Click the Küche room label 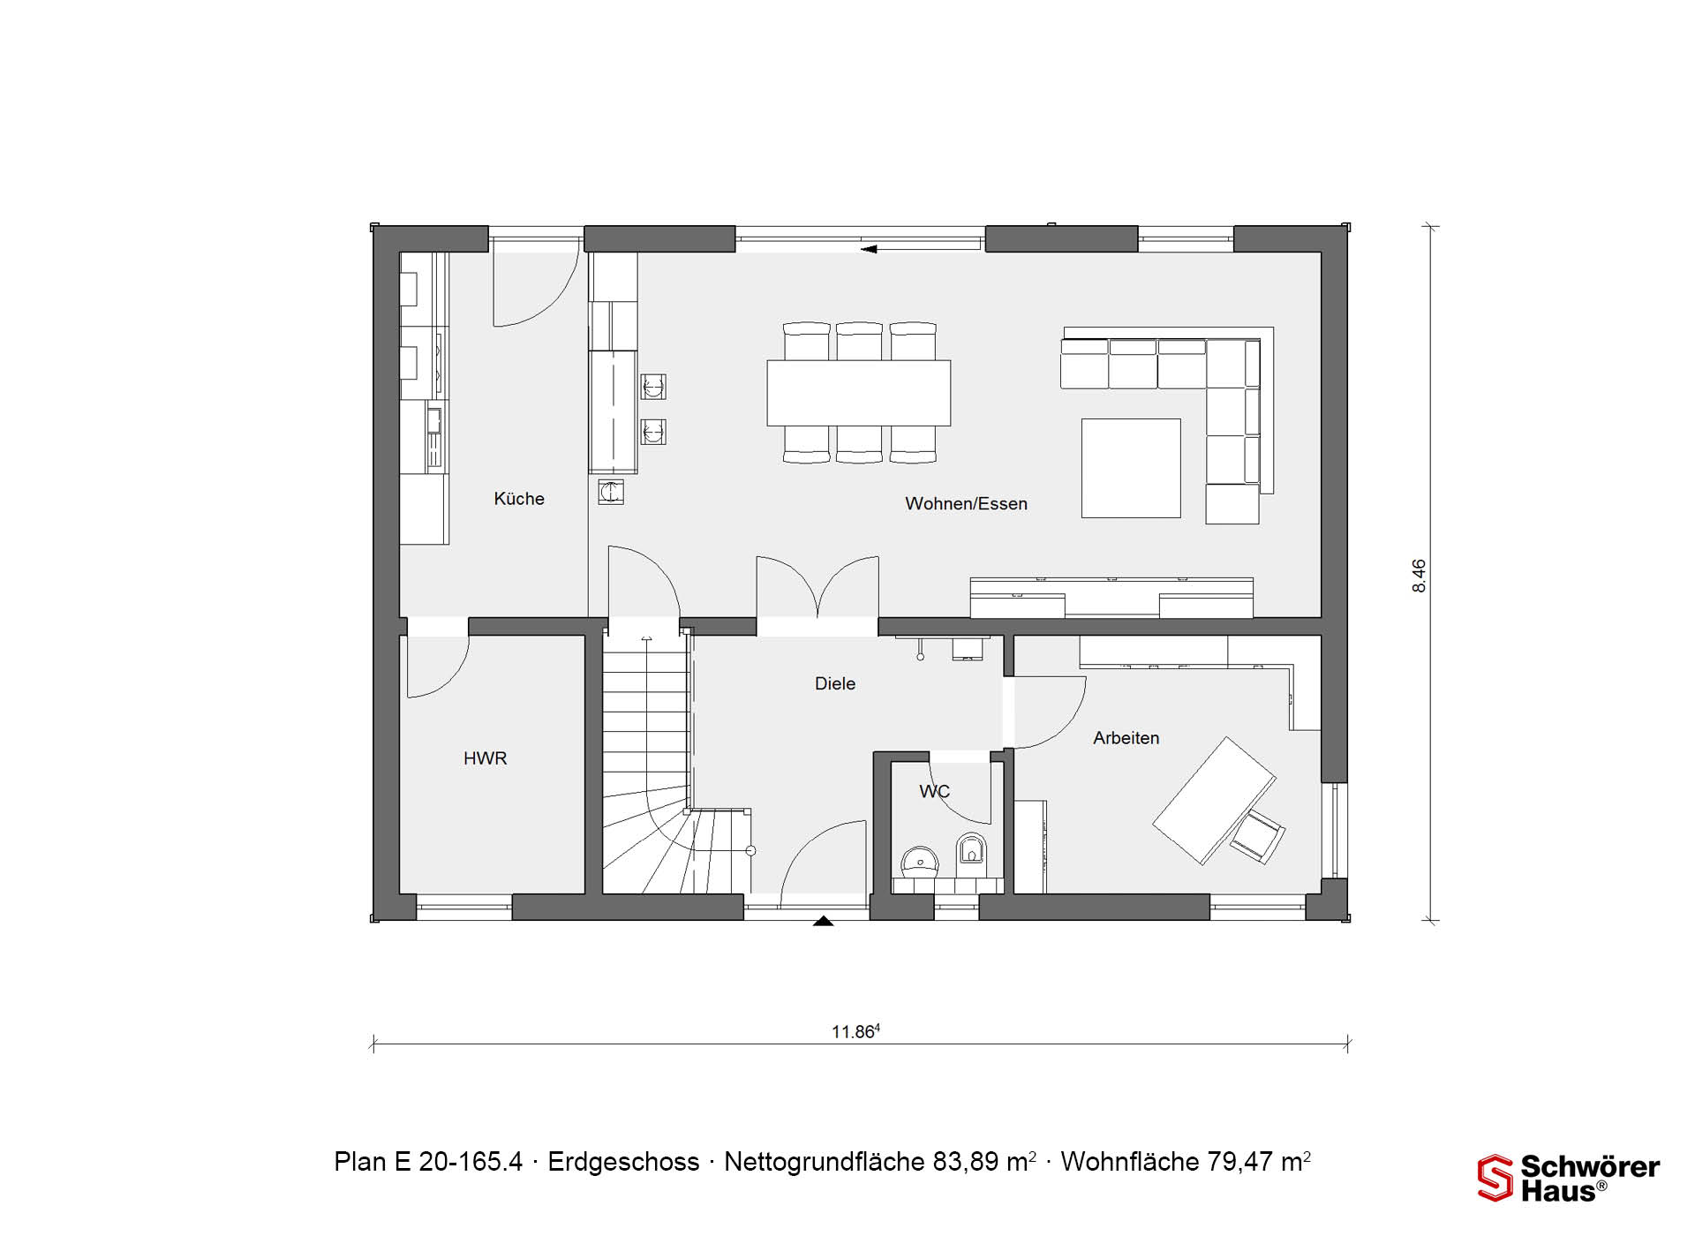(519, 499)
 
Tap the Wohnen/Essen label (967, 504)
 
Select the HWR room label (486, 758)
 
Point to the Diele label (835, 683)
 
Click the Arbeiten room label (1126, 738)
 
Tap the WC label (934, 791)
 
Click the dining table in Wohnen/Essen (859, 393)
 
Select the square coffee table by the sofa (1131, 468)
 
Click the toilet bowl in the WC (972, 849)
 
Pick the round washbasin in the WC (920, 862)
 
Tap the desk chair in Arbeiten (1259, 836)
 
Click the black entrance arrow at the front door (823, 921)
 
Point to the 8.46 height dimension (1419, 576)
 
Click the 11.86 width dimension (855, 1031)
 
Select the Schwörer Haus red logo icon (1495, 1178)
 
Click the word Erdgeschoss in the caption (623, 1162)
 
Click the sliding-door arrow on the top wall (869, 249)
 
